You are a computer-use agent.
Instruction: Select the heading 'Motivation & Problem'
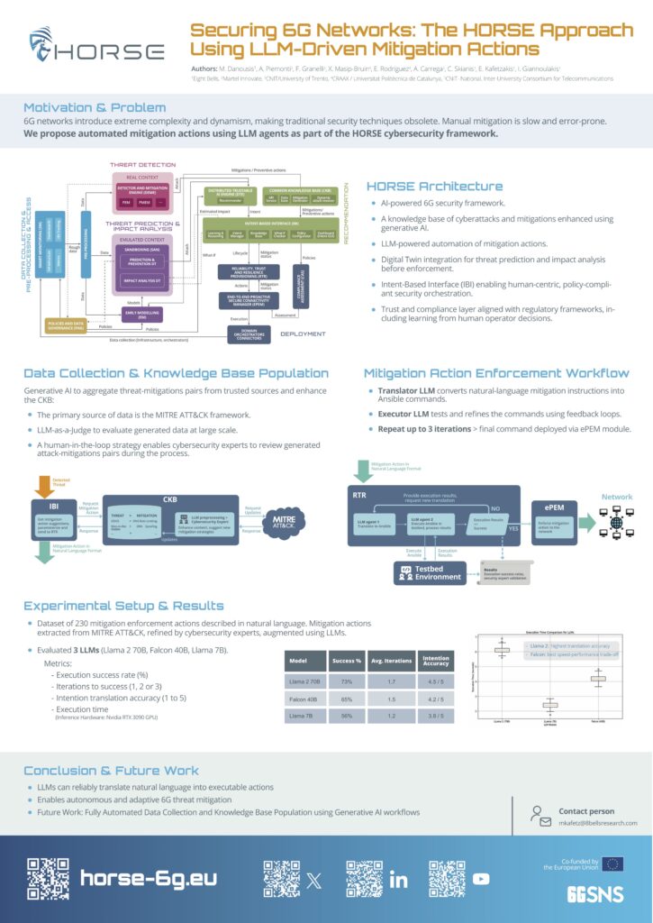[x=95, y=108]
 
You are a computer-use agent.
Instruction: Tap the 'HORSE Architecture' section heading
[x=434, y=187]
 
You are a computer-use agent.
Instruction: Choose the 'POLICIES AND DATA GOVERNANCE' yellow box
[x=65, y=325]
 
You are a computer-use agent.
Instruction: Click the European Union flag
[x=612, y=864]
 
